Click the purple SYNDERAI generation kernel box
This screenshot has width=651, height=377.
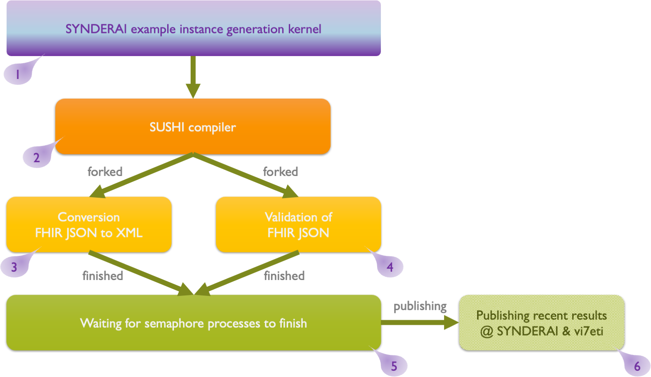[193, 28]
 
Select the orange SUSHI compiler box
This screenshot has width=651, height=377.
[193, 127]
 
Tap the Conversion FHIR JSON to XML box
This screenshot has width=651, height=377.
[89, 224]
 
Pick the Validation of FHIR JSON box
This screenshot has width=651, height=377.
[298, 224]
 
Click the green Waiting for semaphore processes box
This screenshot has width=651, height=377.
[193, 323]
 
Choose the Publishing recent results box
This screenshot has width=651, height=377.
[541, 323]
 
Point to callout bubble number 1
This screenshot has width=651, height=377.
[18, 74]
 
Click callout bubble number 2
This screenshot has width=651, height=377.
[37, 158]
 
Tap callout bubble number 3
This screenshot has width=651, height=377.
[14, 267]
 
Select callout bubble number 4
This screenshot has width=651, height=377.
[390, 267]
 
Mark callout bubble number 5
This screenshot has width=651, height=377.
[394, 366]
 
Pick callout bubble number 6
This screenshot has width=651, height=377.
[637, 366]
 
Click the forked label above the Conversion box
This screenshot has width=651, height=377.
[105, 172]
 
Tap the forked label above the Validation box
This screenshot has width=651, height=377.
[280, 172]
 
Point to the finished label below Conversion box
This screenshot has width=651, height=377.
[102, 276]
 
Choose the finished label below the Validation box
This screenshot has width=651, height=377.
[284, 276]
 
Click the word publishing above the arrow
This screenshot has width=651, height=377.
[420, 306]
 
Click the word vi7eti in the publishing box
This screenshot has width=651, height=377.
[589, 331]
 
